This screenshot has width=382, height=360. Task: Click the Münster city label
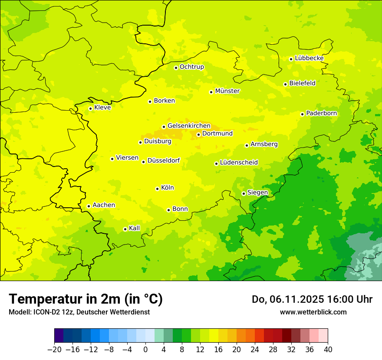coord(227,91)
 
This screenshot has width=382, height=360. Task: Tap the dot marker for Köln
coord(157,189)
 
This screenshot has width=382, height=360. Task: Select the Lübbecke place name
coord(309,58)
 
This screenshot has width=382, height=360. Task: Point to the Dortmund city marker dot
coord(198,134)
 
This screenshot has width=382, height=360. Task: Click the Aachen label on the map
coord(104,205)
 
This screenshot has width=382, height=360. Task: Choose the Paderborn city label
coord(321,113)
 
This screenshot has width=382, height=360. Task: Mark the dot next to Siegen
coord(244,193)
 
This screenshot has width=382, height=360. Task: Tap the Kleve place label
coord(102,108)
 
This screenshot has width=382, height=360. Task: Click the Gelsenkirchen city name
coord(189,126)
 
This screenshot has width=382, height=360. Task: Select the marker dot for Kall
coord(125,229)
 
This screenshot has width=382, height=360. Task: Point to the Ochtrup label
coord(191,67)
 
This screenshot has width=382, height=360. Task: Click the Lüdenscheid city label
coord(239,163)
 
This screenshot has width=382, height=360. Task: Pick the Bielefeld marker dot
coord(285,84)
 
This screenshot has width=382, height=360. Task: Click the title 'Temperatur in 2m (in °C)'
coord(86,299)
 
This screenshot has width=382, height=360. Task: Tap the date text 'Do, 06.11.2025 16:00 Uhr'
coord(312,299)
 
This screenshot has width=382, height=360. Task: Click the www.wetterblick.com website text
coord(313,312)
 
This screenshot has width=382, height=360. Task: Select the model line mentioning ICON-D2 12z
coord(79,312)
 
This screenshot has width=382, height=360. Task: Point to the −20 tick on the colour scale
coord(54,350)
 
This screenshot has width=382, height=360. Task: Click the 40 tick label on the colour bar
coord(328,350)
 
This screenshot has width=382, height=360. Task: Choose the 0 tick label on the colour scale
coord(145,350)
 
